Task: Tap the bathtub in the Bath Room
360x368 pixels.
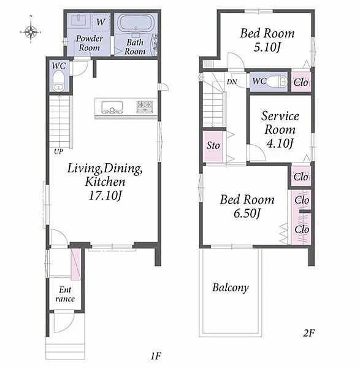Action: coord(135,23)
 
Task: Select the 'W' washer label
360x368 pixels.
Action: coord(101,22)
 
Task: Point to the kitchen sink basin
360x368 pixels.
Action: coord(112,107)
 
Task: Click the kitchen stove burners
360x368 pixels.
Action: coord(145,106)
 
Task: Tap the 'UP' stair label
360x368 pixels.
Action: coord(58,151)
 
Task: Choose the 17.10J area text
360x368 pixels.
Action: coord(105,196)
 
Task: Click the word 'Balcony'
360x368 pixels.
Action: coord(230,288)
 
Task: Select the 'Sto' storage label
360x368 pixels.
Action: coord(213,145)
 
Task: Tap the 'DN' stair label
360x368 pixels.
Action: coord(232,82)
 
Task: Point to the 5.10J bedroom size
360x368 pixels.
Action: coord(267,48)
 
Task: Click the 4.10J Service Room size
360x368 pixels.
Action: coord(280,144)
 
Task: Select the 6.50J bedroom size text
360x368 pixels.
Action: coord(247,213)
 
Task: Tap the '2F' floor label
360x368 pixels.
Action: coord(308,333)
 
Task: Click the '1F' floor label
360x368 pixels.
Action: coord(156,356)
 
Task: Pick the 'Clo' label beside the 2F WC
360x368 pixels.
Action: coord(301,82)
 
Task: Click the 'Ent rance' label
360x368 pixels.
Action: coord(65,294)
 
